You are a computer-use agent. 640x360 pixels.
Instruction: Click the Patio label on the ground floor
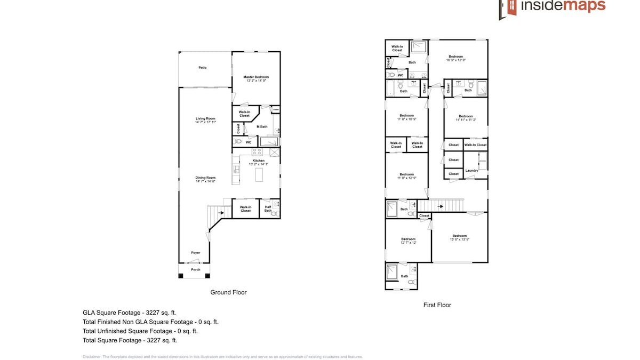tap(202, 68)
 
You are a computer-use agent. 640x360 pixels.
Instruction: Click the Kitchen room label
tap(259, 161)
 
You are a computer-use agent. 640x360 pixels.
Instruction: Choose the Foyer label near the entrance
tap(196, 253)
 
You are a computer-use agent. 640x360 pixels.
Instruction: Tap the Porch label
tap(196, 269)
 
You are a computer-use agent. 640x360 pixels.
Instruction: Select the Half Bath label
tap(268, 209)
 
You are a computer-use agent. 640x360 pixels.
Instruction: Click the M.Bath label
tap(261, 126)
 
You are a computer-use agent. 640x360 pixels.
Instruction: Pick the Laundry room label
tap(471, 171)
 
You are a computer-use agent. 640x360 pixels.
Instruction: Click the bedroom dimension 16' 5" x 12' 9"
tap(455, 60)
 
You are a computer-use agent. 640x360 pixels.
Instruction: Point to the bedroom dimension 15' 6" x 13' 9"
tap(459, 239)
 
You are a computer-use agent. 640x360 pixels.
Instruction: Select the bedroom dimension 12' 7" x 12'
tap(408, 243)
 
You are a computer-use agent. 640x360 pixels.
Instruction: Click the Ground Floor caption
tap(228, 292)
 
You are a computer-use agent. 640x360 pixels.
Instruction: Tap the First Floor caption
tap(437, 305)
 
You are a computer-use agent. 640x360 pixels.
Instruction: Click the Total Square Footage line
tap(130, 340)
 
